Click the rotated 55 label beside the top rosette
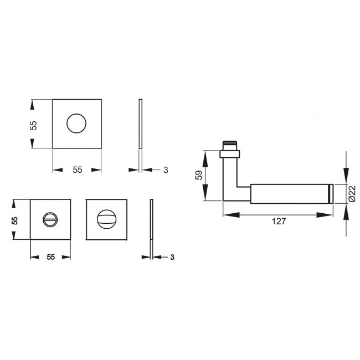(x=33, y=125)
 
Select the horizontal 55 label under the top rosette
(x=77, y=169)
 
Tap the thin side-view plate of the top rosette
(x=141, y=124)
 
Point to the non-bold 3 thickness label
(x=166, y=170)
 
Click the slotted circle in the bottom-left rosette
(x=50, y=220)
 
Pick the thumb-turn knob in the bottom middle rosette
(x=107, y=219)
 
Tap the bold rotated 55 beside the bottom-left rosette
(x=16, y=220)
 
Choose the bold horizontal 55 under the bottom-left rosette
(x=50, y=257)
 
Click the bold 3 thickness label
(x=172, y=257)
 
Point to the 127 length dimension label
(x=279, y=221)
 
